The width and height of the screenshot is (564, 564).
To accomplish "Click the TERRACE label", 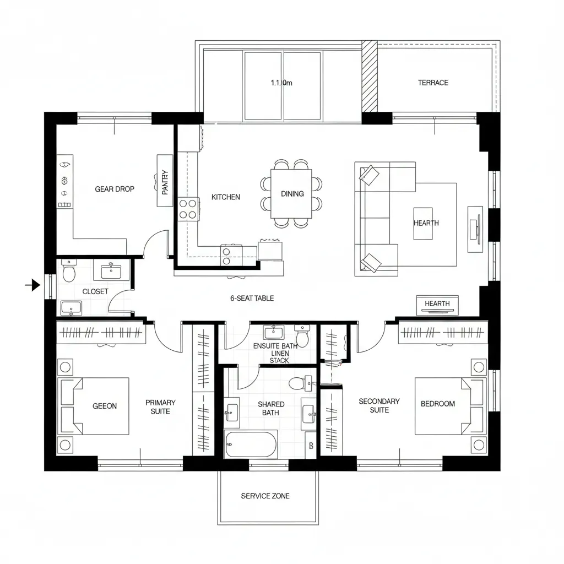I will [x=433, y=83].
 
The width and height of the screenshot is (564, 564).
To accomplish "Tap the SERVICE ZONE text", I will [x=265, y=496].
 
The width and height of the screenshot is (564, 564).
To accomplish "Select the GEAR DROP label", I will [x=115, y=189].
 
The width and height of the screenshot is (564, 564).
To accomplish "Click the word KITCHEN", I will [x=226, y=197].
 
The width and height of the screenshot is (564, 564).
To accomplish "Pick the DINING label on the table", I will [x=292, y=193].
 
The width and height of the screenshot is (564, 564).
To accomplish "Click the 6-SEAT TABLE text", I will [x=252, y=298].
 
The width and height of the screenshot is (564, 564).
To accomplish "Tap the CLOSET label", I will [x=95, y=291].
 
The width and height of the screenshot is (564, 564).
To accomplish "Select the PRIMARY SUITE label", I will [x=160, y=407].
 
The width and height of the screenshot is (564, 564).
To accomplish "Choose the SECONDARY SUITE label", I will [x=379, y=405].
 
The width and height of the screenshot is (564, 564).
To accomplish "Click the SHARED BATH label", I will [x=270, y=408].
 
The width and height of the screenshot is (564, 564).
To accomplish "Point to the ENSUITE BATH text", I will [x=275, y=346].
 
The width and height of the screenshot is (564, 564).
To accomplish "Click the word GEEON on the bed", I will [x=105, y=406].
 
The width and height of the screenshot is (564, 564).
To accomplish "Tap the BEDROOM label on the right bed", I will [x=438, y=404].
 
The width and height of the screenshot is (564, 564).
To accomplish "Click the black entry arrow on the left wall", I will [x=34, y=285].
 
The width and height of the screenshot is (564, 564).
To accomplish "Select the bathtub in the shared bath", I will [x=251, y=444].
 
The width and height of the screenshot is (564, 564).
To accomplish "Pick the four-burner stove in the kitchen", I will [x=188, y=209].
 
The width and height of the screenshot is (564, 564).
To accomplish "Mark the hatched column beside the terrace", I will [x=369, y=76].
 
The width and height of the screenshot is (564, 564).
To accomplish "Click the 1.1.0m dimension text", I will [x=281, y=83].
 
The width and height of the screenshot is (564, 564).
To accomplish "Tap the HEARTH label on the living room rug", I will [x=426, y=223].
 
